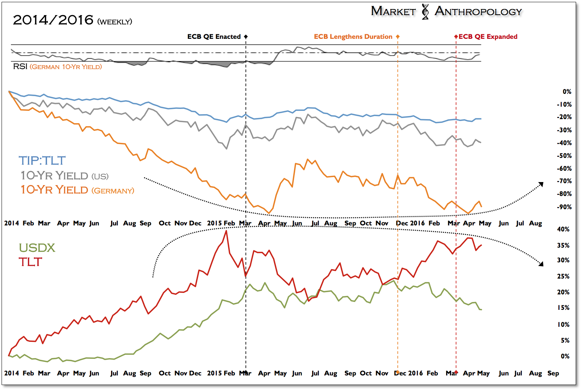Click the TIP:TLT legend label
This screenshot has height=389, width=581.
[x=42, y=161]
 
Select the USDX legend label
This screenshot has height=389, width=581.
[x=37, y=248]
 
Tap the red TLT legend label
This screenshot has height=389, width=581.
[x=30, y=262]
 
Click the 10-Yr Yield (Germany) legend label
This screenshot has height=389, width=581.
[x=77, y=190]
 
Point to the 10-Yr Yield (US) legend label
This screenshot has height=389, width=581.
[x=64, y=176]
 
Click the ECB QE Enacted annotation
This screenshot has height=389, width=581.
[x=214, y=37]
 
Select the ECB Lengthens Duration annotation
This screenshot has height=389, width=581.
[x=353, y=37]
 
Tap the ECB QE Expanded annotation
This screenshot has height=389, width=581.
[x=488, y=37]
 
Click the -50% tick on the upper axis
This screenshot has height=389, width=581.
[x=564, y=156]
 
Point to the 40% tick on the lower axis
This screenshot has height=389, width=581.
[x=563, y=229]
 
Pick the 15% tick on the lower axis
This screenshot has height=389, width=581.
[x=563, y=308]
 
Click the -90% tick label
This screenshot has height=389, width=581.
[x=564, y=207]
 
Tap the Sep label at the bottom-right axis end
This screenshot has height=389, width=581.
[x=553, y=373]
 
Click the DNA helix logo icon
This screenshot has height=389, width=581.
[x=425, y=12]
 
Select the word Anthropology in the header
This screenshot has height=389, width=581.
[x=478, y=11]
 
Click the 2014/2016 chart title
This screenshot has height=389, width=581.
[x=53, y=20]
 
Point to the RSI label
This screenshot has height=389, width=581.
[x=20, y=67]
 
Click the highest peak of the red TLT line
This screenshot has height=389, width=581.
[x=226, y=231]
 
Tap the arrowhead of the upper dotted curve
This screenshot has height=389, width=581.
[x=541, y=184]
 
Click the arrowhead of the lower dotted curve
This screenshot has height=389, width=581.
[x=541, y=264]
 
